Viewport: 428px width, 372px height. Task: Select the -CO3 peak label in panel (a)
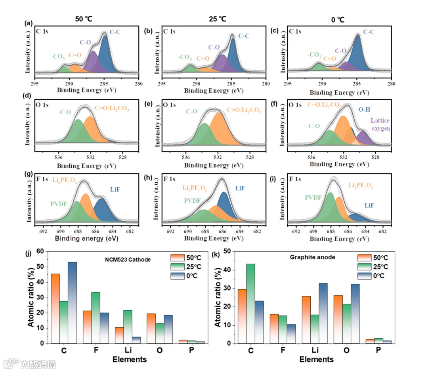[x=58, y=57]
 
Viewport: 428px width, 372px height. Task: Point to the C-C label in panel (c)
[x=369, y=32]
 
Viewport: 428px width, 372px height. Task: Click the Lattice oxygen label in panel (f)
[x=380, y=125]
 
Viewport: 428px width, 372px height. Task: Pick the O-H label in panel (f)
[x=365, y=109]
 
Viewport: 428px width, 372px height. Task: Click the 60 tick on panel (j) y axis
[x=40, y=251]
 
